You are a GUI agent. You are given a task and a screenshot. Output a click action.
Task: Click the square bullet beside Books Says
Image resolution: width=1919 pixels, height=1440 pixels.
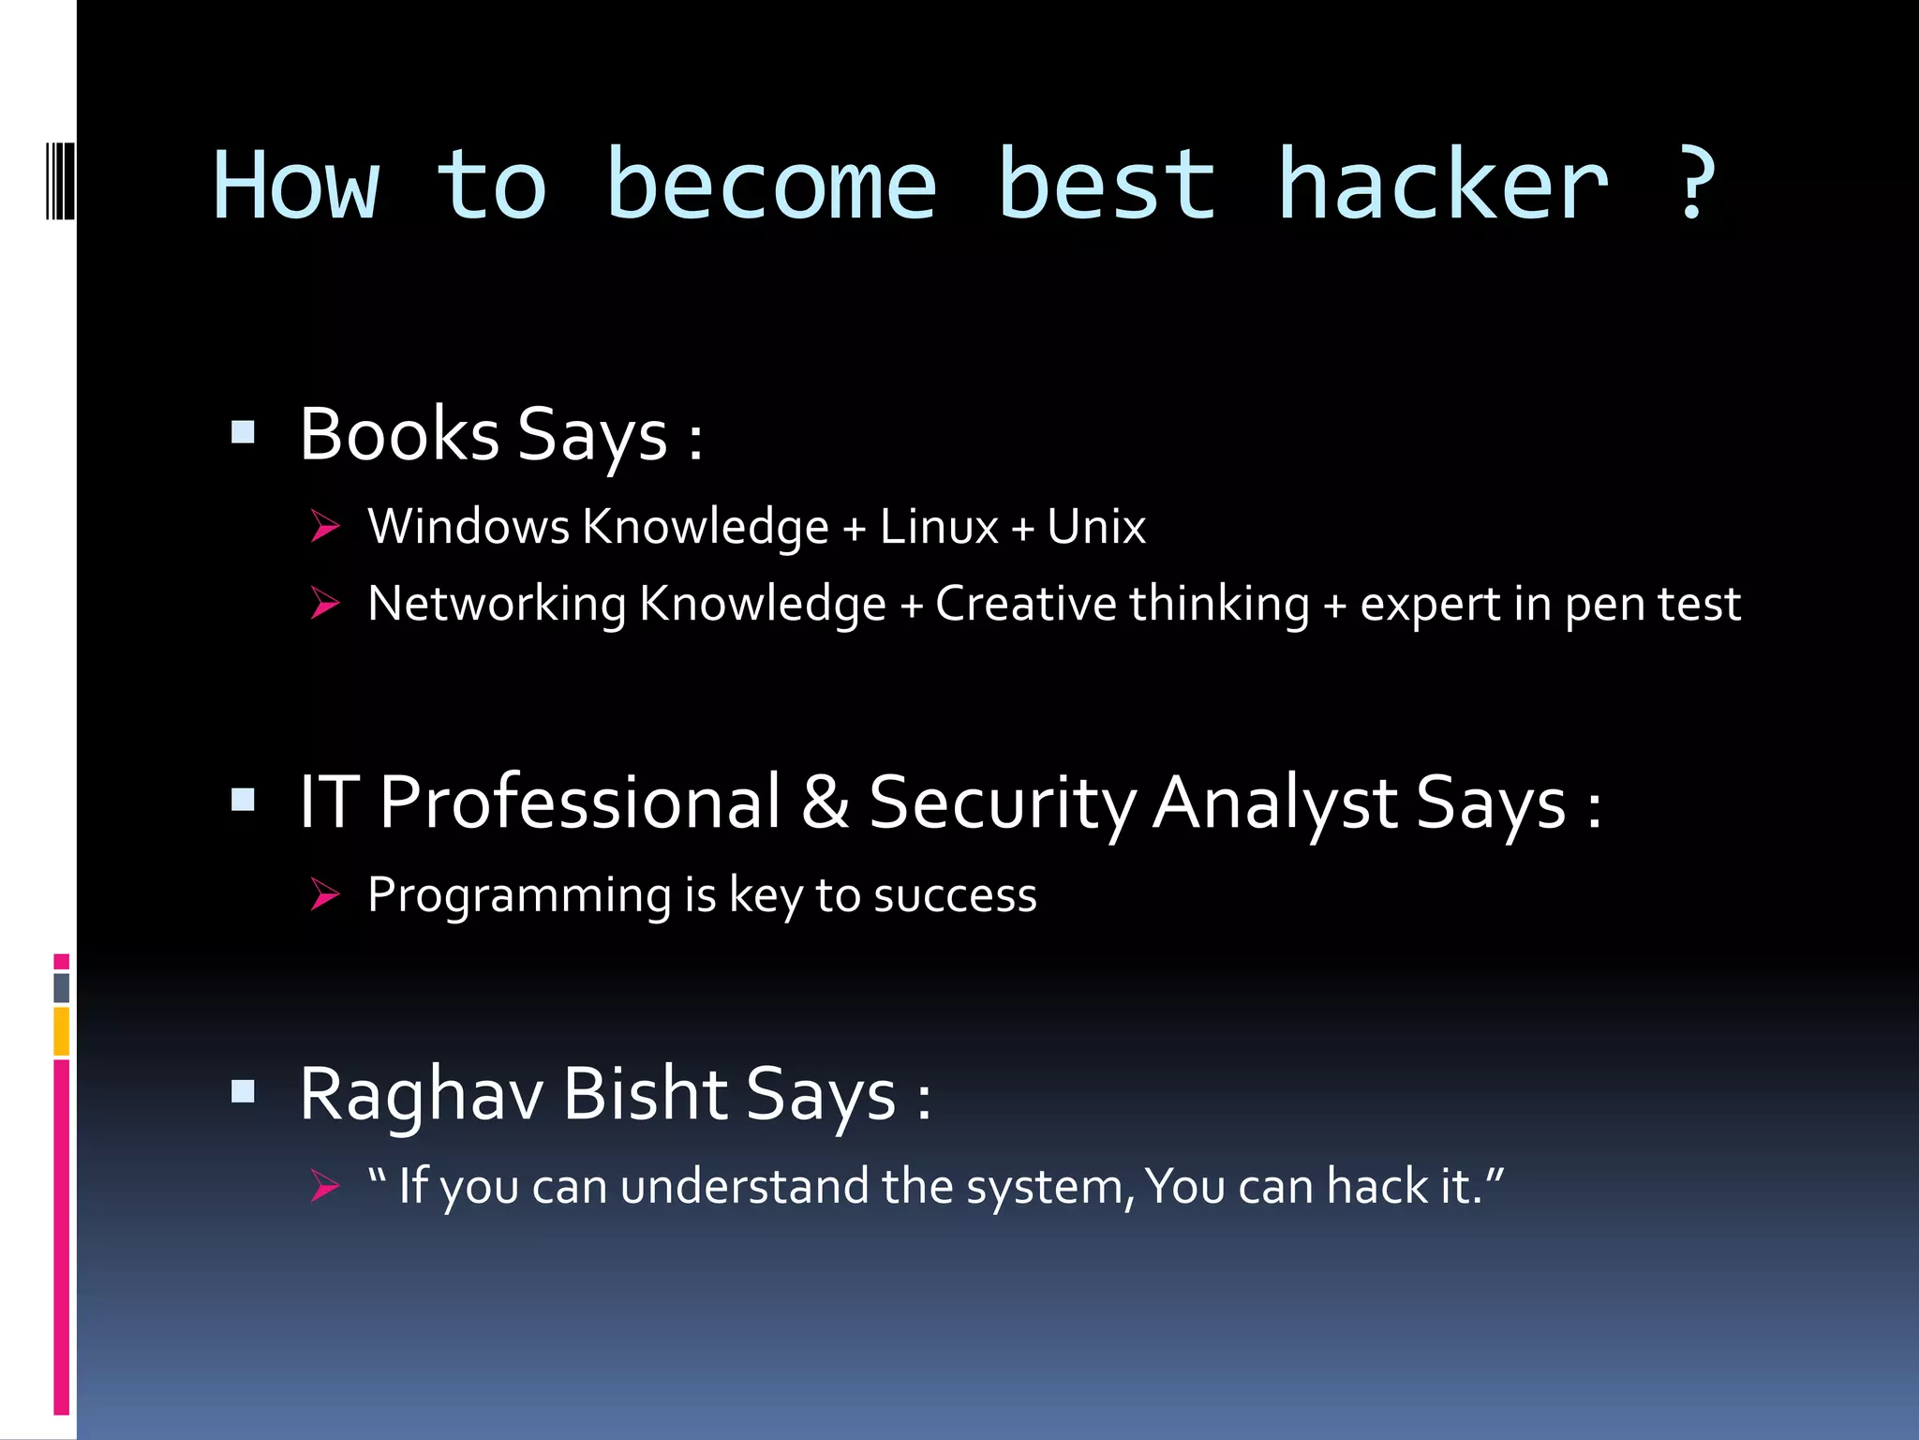coord(243,432)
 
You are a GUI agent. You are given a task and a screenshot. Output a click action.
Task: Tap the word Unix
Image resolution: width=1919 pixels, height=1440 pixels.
coord(1095,527)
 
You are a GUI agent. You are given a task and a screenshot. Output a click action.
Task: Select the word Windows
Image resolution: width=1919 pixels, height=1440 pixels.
coord(469,527)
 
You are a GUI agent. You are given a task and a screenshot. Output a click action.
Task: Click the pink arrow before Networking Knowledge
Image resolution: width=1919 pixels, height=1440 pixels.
coord(324,603)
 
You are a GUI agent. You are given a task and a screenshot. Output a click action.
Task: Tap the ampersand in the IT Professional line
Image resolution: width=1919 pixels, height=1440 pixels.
coord(825,802)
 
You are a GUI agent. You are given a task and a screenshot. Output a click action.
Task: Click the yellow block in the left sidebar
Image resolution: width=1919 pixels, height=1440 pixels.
coord(62,1030)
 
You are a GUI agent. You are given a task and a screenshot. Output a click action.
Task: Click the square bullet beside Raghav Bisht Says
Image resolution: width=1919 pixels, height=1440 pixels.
coord(243,1090)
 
